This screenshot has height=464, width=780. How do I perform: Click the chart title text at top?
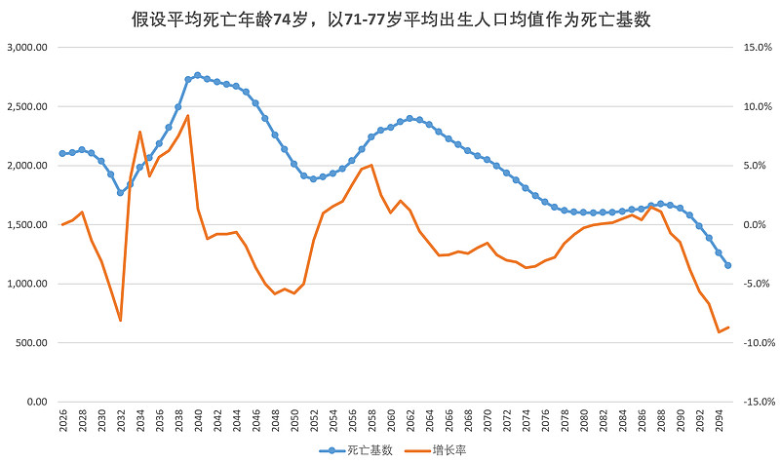pyautogui.click(x=390, y=19)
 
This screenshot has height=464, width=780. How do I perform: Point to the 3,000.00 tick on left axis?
pyautogui.click(x=27, y=47)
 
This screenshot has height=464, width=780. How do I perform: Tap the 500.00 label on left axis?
pyautogui.click(x=32, y=343)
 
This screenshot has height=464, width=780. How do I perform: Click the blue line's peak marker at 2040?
pyautogui.click(x=197, y=75)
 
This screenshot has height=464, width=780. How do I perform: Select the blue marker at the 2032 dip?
pyautogui.click(x=120, y=193)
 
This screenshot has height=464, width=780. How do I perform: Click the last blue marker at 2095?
pyautogui.click(x=727, y=265)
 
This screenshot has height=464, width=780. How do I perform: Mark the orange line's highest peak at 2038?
pyautogui.click(x=187, y=116)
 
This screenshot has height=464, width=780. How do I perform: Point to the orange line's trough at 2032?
pyautogui.click(x=120, y=321)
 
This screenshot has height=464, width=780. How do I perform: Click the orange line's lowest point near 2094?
pyautogui.click(x=719, y=332)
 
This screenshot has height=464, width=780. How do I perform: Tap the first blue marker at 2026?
pyautogui.click(x=62, y=153)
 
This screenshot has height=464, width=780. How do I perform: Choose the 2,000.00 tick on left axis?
pyautogui.click(x=27, y=166)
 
